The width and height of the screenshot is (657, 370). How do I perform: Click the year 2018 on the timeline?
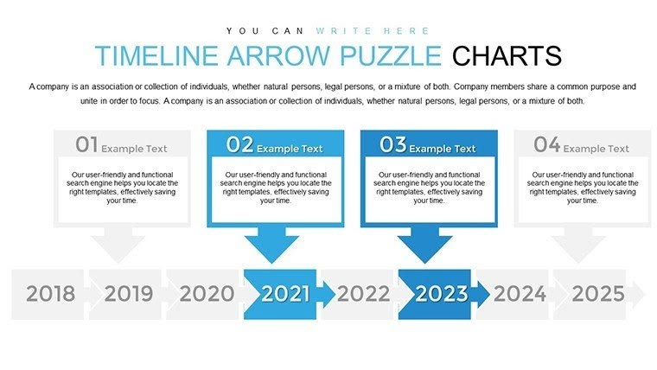(50, 294)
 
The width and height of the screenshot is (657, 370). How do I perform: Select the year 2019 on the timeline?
(128, 294)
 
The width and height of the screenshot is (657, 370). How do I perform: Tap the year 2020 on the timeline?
(206, 294)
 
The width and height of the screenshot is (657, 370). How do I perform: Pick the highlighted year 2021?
(284, 294)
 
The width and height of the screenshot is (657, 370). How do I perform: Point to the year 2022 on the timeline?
(363, 294)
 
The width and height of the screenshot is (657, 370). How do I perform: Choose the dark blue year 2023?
(441, 294)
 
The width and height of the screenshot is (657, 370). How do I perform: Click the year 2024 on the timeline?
(520, 294)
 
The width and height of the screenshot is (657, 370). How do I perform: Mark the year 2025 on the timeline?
(597, 294)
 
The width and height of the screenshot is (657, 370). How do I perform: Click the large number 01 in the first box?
(86, 144)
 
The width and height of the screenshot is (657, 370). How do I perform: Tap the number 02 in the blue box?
(239, 144)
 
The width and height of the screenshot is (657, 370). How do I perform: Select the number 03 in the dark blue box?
(392, 144)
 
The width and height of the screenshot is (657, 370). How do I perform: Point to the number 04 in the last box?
(546, 144)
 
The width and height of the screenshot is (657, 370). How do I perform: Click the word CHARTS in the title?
(507, 56)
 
